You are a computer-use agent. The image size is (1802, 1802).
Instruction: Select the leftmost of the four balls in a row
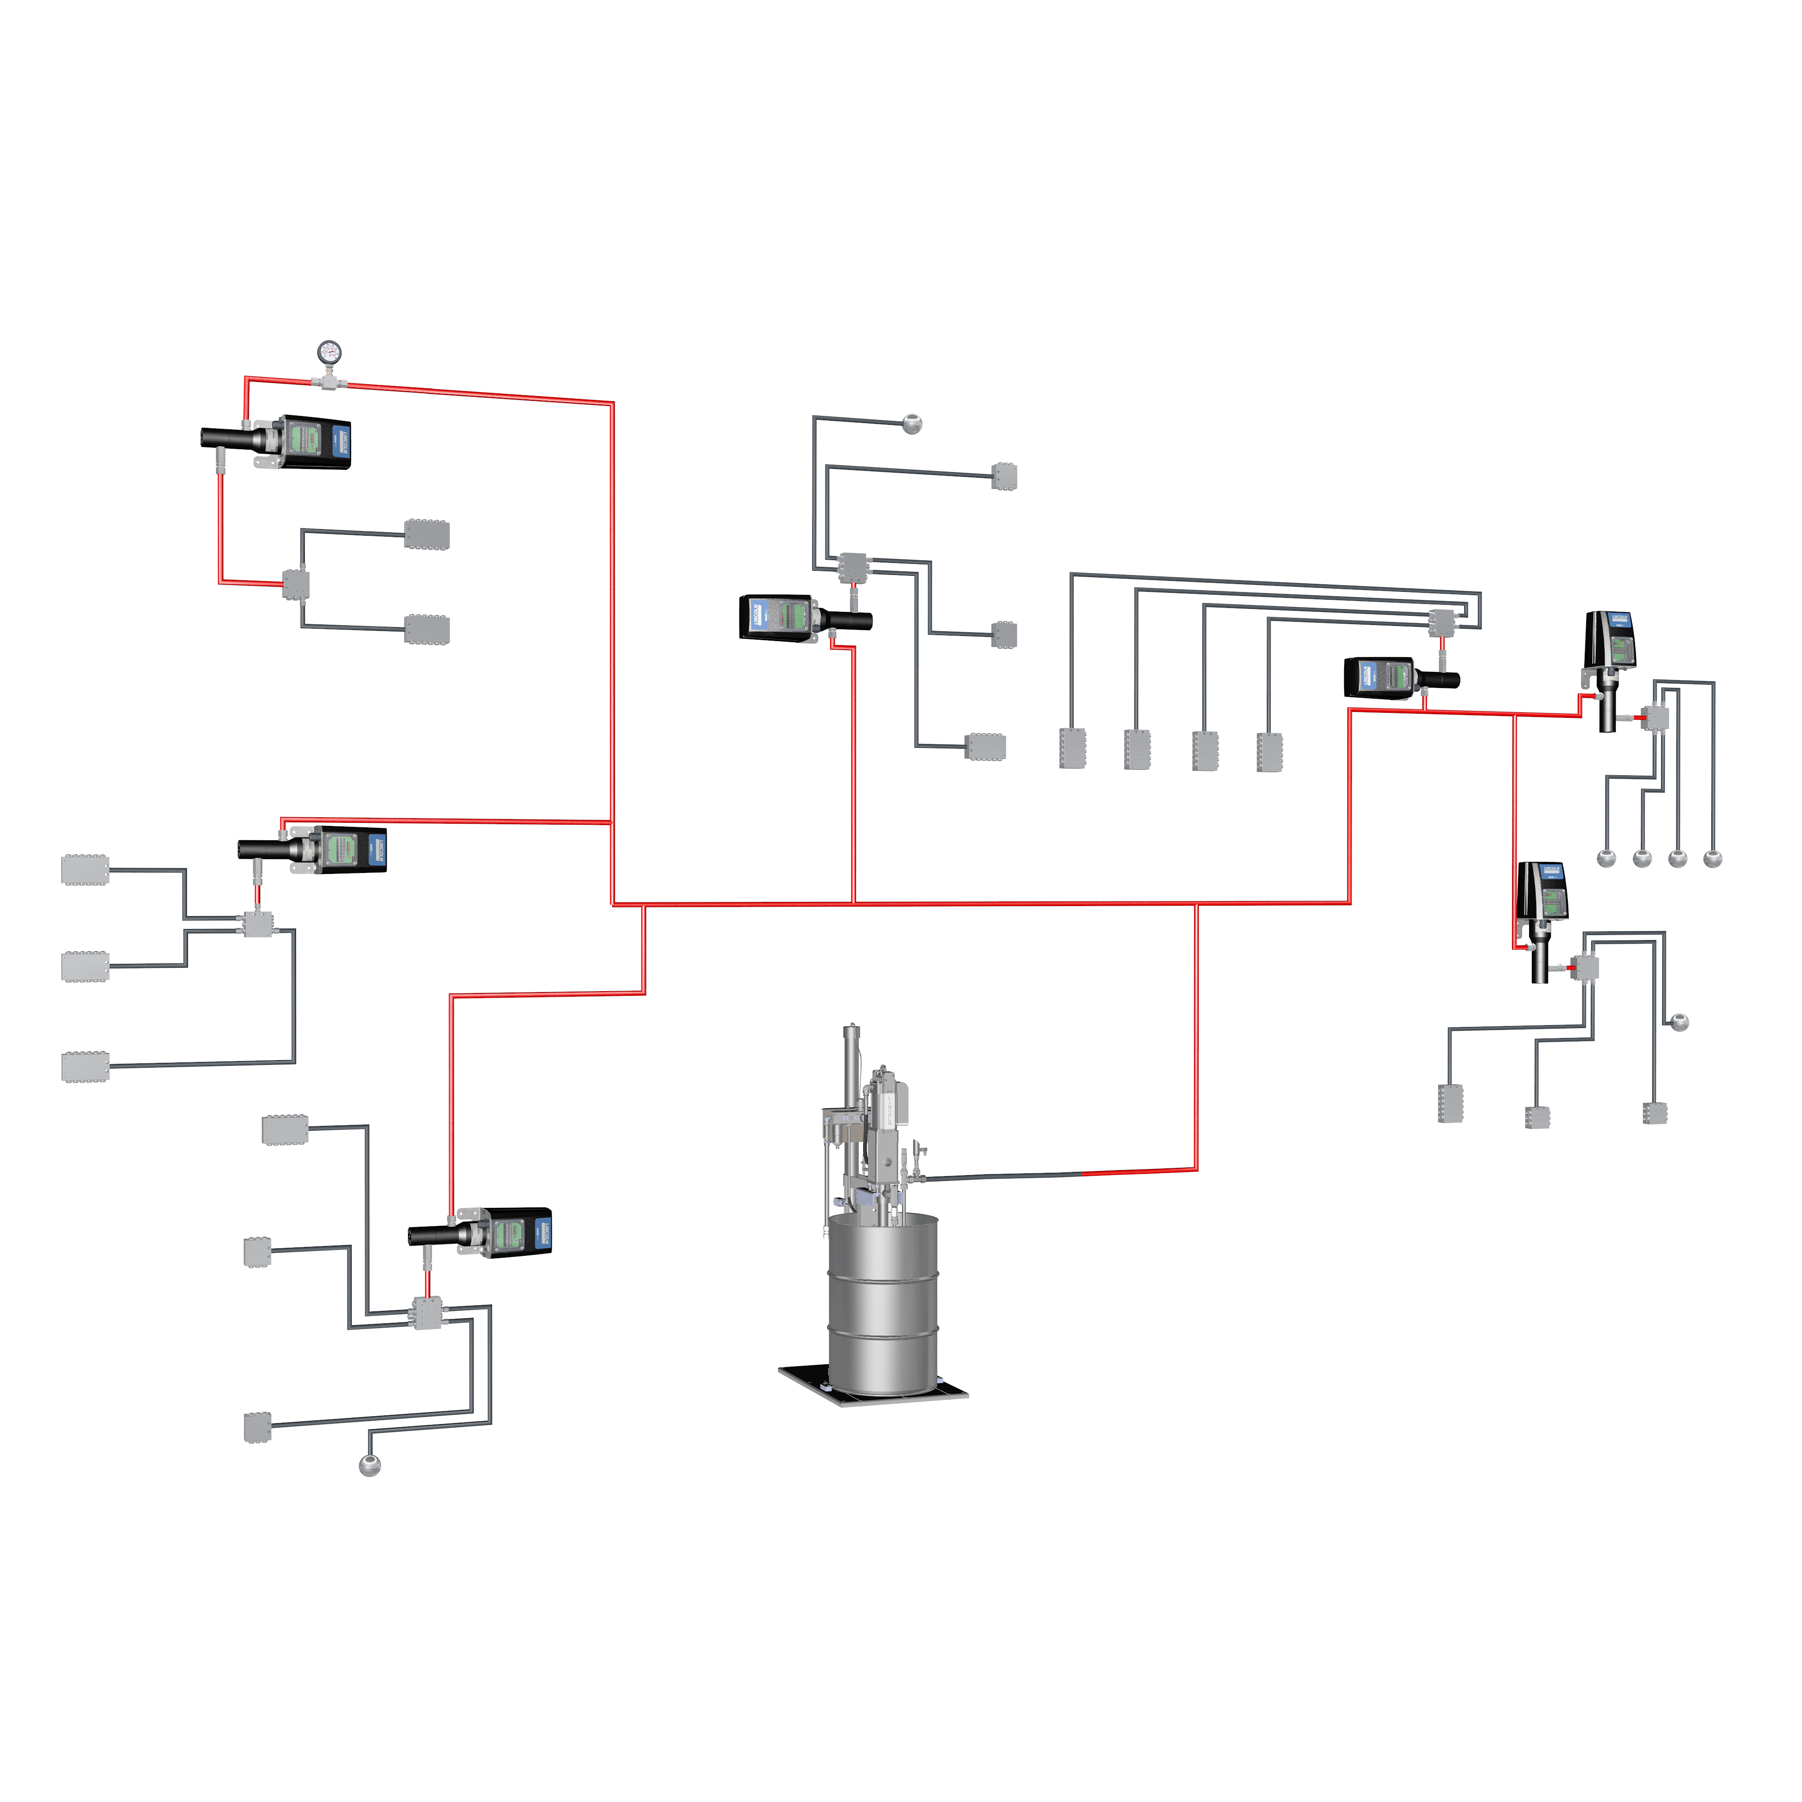[x=1606, y=858]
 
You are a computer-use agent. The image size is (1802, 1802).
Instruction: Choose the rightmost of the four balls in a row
[x=1712, y=858]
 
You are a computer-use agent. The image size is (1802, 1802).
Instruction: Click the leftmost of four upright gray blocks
[x=1073, y=748]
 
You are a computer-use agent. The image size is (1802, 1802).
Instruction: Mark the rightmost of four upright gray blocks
[x=1270, y=752]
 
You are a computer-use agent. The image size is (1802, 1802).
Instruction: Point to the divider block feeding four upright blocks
[x=1442, y=622]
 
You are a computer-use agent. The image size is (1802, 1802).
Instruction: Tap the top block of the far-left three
[x=85, y=869]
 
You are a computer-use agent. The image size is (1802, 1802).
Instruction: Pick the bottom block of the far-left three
[x=85, y=1066]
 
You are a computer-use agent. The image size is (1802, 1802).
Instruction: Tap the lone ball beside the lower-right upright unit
[x=1679, y=1022]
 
